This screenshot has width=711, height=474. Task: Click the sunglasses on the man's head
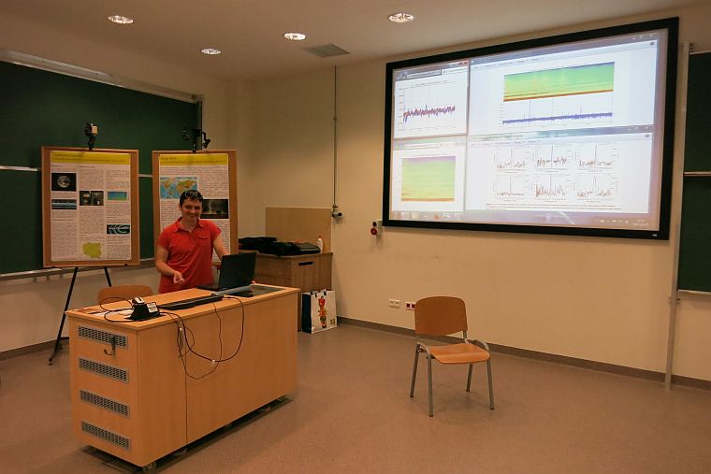(x=192, y=195)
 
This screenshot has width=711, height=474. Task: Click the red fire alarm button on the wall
(x=376, y=227)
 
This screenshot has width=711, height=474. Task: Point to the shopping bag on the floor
(x=320, y=310)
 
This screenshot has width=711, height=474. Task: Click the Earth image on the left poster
(x=64, y=181)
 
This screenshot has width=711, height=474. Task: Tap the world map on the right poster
(x=178, y=187)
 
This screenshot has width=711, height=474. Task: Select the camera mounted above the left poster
(x=91, y=132)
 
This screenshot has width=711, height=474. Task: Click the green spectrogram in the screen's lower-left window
(x=428, y=179)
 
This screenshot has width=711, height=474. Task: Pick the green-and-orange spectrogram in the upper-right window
(x=559, y=81)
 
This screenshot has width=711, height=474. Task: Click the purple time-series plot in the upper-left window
(x=429, y=112)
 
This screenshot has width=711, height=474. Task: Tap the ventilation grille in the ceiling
(x=326, y=50)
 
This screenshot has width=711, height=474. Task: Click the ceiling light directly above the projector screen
(x=400, y=17)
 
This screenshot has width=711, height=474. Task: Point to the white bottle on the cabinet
(x=319, y=244)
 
